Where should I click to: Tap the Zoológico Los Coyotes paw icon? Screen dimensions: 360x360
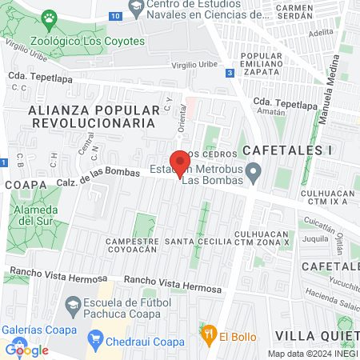pyautogui.click(x=50, y=18)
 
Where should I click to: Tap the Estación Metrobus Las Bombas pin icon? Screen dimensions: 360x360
pyautogui.click(x=254, y=170)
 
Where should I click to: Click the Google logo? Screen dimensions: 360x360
pyautogui.click(x=26, y=349)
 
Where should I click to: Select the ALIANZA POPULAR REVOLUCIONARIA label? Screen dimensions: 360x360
pyautogui.click(x=90, y=116)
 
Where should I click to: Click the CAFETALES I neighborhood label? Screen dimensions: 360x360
pyautogui.click(x=276, y=150)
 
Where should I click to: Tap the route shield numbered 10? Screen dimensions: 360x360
pyautogui.click(x=116, y=16)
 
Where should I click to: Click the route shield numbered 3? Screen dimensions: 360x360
pyautogui.click(x=230, y=73)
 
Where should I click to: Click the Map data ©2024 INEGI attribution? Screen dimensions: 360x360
pyautogui.click(x=313, y=354)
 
